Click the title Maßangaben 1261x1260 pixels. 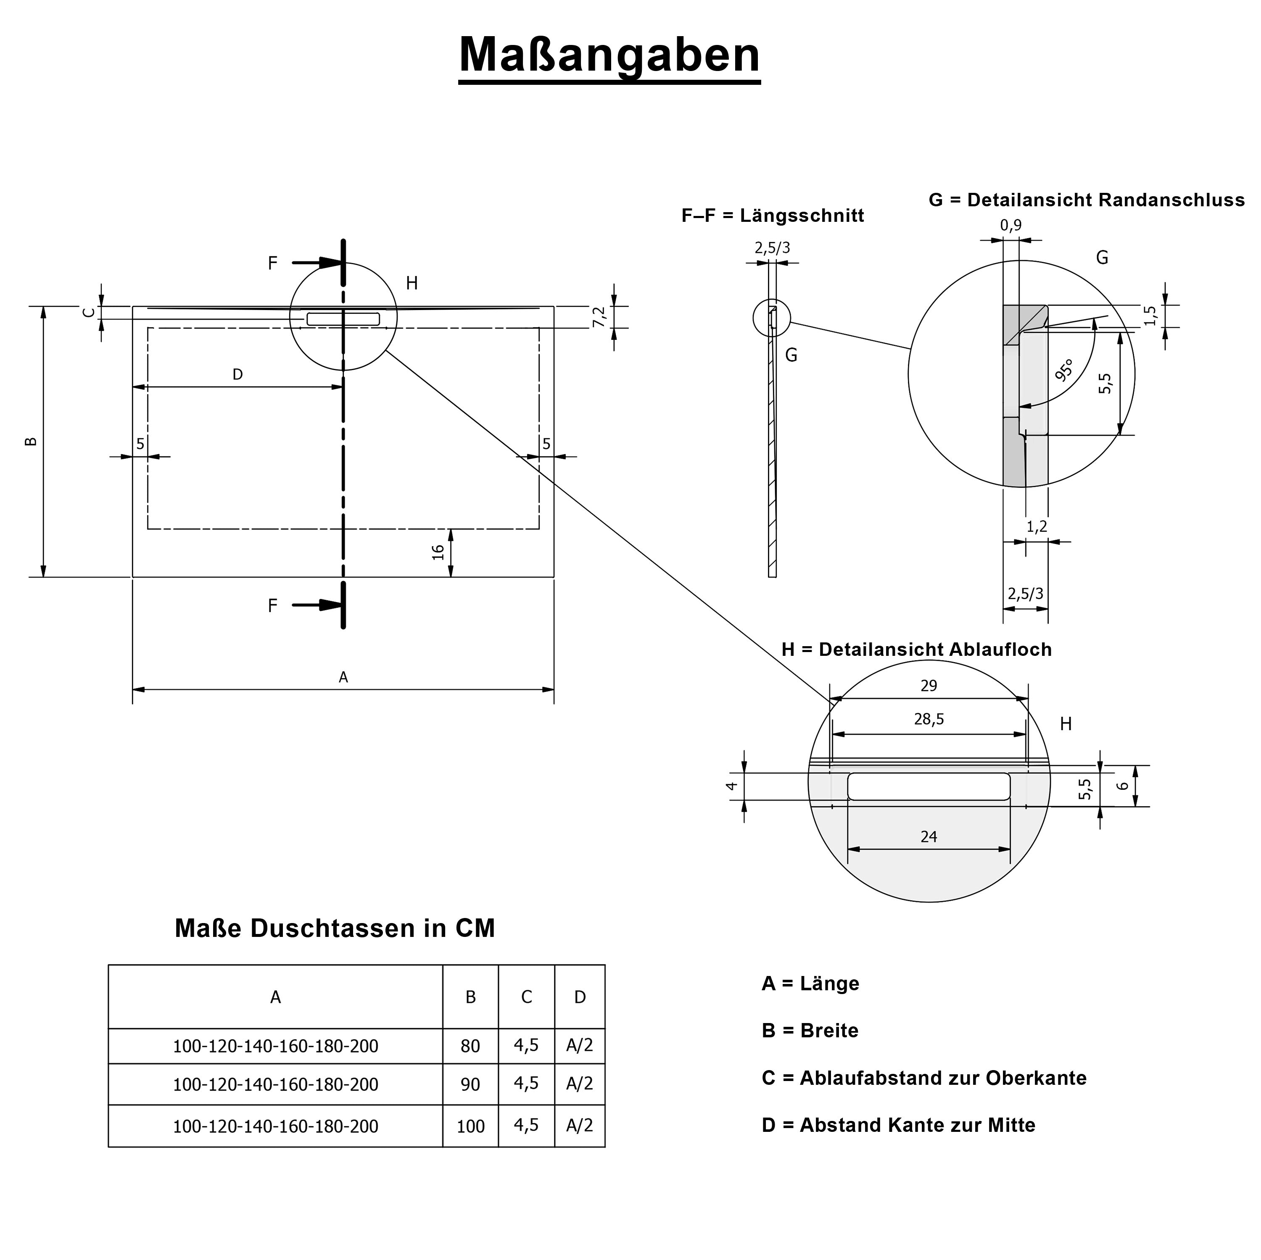click(x=609, y=55)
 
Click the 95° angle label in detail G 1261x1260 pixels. click(x=1064, y=370)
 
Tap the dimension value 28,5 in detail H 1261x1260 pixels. click(x=929, y=719)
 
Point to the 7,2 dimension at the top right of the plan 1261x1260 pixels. click(x=599, y=317)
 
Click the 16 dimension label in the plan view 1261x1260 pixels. click(x=438, y=552)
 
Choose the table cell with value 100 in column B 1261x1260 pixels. click(x=470, y=1126)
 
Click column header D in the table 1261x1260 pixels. click(x=580, y=997)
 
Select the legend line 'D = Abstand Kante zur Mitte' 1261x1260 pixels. click(x=898, y=1125)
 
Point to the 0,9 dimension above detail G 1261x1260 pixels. click(x=1010, y=226)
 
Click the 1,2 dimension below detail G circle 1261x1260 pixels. click(x=1037, y=526)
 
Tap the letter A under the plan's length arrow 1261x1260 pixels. click(x=343, y=677)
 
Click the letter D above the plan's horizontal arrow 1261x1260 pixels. click(x=237, y=374)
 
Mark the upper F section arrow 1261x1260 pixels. click(x=317, y=263)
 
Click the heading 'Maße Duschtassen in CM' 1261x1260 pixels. click(x=335, y=929)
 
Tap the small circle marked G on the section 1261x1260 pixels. click(x=771, y=318)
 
